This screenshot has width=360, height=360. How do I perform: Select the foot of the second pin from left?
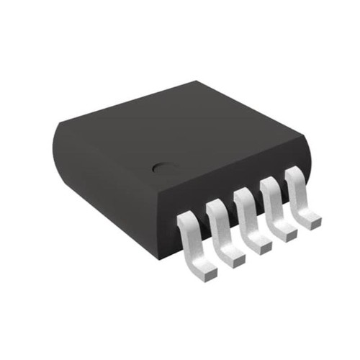coord(233,253)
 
